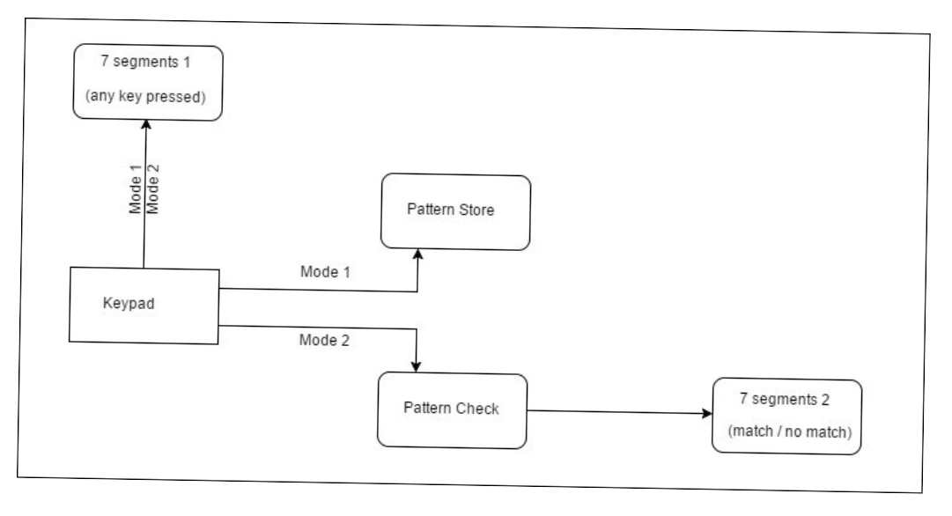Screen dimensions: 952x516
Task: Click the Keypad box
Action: pyautogui.click(x=144, y=306)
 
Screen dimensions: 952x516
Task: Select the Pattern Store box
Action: pyautogui.click(x=455, y=211)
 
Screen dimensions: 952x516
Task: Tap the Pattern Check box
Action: pyautogui.click(x=453, y=410)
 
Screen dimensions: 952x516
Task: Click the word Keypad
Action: pyautogui.click(x=128, y=303)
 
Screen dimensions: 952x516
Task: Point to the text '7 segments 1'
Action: pyautogui.click(x=145, y=62)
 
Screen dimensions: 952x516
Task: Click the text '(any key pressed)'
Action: pyautogui.click(x=145, y=96)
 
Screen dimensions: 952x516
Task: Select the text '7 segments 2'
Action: pyautogui.click(x=785, y=399)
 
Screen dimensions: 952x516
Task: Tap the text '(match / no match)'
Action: pyautogui.click(x=790, y=431)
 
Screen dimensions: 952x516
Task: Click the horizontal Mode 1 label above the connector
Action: pyautogui.click(x=326, y=271)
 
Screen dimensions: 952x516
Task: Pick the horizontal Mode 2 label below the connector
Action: pyautogui.click(x=324, y=340)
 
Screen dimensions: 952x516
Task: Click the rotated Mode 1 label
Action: pyautogui.click(x=136, y=188)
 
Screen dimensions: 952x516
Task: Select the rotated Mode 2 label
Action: pyautogui.click(x=152, y=188)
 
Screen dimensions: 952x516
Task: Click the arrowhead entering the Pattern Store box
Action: pyautogui.click(x=417, y=254)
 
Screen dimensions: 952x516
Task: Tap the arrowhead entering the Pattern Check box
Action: pyautogui.click(x=416, y=366)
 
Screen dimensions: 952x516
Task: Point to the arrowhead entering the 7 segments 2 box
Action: pyautogui.click(x=706, y=413)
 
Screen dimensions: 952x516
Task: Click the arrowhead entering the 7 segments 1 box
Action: pyautogui.click(x=145, y=124)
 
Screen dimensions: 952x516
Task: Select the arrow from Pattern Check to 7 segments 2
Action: pyautogui.click(x=620, y=412)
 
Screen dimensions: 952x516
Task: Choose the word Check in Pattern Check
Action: pyautogui.click(x=477, y=409)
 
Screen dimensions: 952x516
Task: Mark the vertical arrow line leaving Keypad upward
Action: pyautogui.click(x=144, y=194)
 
